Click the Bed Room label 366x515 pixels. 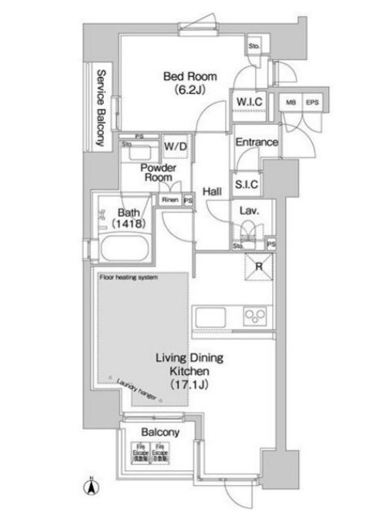189,83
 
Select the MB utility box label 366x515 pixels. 291,102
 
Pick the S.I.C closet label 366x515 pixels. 246,185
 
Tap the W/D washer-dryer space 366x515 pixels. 173,145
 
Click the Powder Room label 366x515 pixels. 158,174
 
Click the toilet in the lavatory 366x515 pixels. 248,231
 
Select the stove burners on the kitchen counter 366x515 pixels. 254,316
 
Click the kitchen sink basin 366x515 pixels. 210,316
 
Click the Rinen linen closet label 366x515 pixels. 170,201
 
